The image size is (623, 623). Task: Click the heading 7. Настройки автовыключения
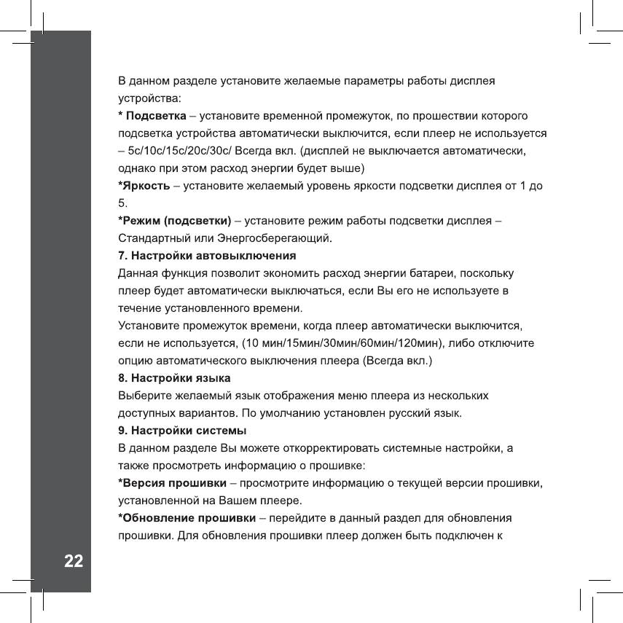tap(207, 256)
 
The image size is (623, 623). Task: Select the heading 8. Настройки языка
tap(175, 378)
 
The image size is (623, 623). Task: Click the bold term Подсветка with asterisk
tap(152, 116)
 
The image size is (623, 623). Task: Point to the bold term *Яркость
tap(144, 186)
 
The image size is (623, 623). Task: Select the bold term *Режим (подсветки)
tap(175, 221)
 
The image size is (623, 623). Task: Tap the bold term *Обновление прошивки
tap(187, 517)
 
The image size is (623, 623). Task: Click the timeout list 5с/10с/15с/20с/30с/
tap(181, 151)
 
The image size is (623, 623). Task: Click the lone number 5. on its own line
tap(122, 203)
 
